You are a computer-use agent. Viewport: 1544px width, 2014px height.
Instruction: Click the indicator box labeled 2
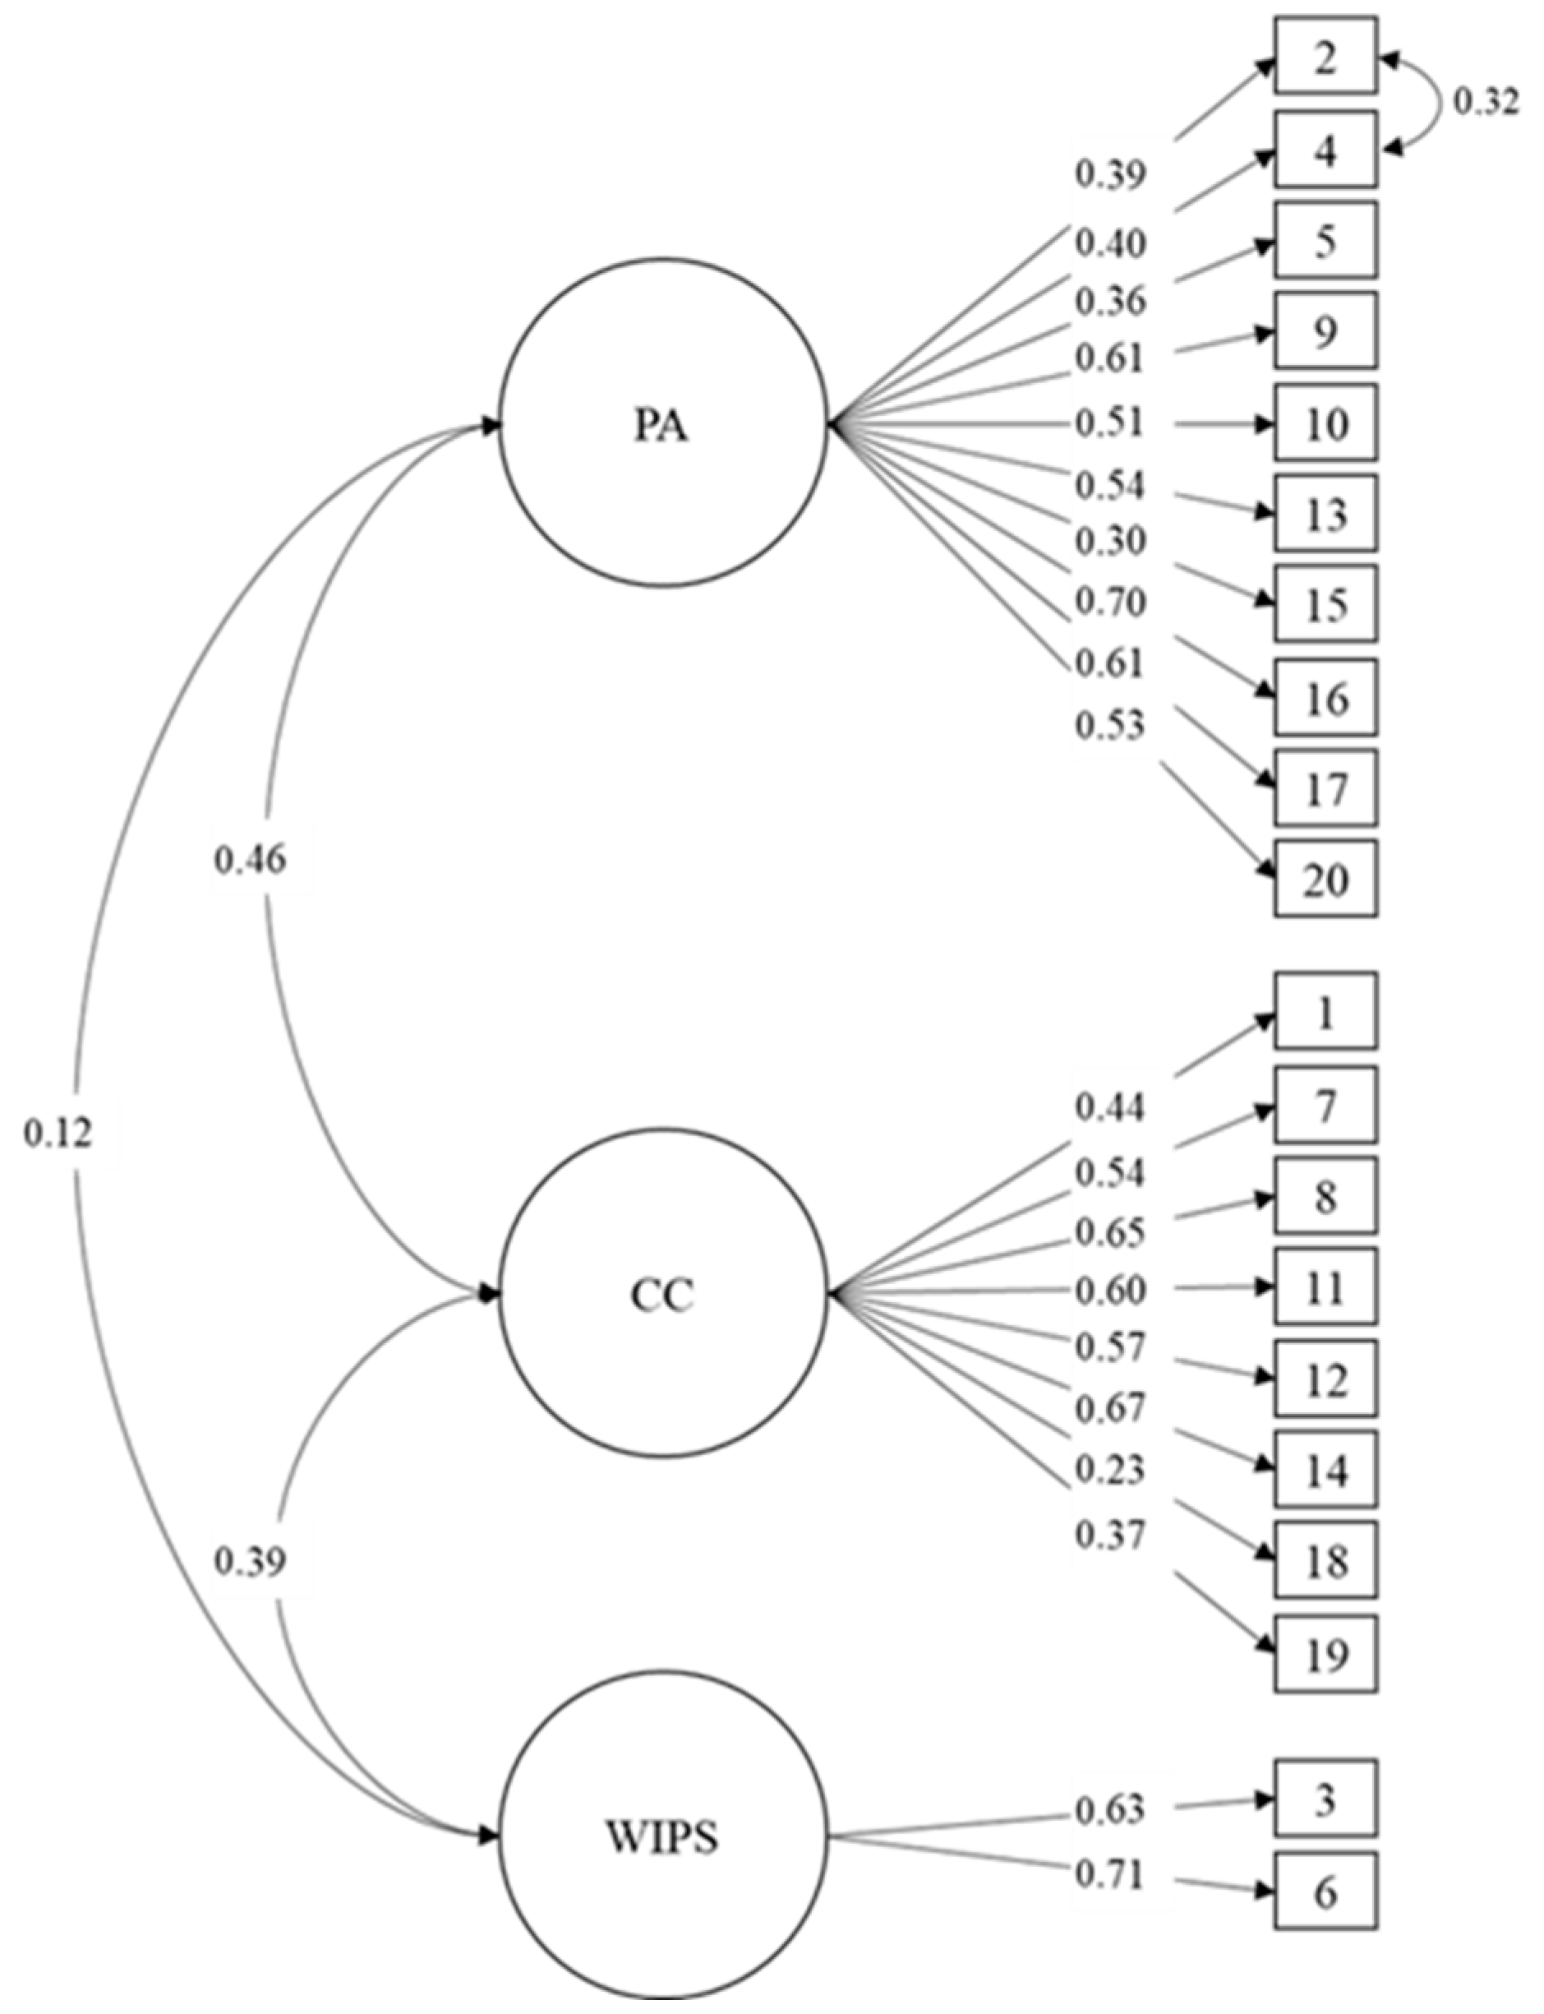(x=1325, y=56)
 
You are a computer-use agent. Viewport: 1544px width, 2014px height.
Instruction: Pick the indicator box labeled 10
(x=1325, y=423)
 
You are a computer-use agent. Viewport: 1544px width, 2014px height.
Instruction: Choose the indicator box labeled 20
(x=1325, y=879)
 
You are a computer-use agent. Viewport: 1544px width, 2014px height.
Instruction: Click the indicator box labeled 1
(x=1325, y=1010)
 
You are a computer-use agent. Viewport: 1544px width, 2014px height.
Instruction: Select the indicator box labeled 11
(x=1325, y=1286)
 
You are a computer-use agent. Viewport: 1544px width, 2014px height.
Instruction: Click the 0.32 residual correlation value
(x=1485, y=102)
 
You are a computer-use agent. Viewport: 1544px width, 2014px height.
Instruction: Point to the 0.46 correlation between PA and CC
(x=250, y=860)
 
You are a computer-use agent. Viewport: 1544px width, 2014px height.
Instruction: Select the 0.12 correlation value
(x=59, y=1134)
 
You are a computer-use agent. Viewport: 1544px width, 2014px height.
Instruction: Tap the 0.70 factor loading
(x=1111, y=602)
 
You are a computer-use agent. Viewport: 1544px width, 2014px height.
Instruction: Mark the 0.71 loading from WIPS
(x=1111, y=1875)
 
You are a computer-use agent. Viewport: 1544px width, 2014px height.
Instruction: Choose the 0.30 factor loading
(x=1111, y=541)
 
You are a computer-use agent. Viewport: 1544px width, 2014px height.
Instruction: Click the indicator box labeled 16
(x=1325, y=698)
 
